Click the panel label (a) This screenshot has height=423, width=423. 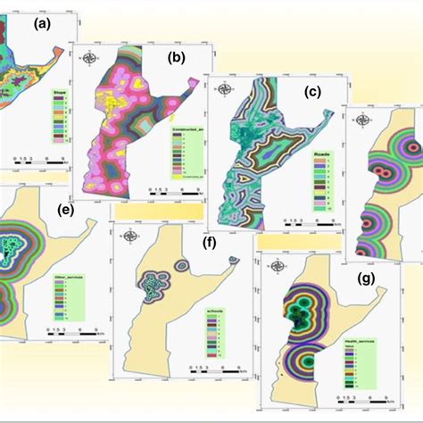pyautogui.click(x=43, y=26)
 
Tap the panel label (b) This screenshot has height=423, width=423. pyautogui.click(x=175, y=60)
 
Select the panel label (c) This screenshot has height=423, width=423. pyautogui.click(x=311, y=92)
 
